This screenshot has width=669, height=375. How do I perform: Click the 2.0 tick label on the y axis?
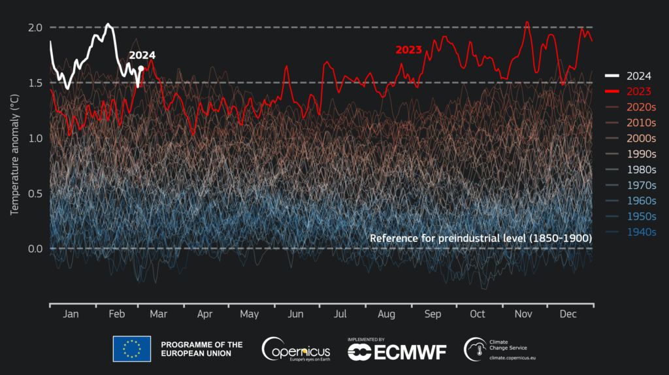pyautogui.click(x=35, y=27)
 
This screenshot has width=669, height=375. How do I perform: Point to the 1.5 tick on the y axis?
pyautogui.click(x=35, y=83)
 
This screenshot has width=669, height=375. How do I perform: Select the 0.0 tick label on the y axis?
pyautogui.click(x=35, y=249)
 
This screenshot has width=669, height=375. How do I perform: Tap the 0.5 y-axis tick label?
pyautogui.click(x=35, y=193)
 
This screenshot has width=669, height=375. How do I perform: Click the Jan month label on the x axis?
pyautogui.click(x=71, y=315)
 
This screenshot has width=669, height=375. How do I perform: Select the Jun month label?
pyautogui.click(x=296, y=315)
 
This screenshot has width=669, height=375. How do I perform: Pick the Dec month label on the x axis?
pyautogui.click(x=568, y=315)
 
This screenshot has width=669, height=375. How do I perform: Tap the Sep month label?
pyautogui.click(x=432, y=315)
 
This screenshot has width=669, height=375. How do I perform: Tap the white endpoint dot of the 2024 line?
pyautogui.click(x=141, y=68)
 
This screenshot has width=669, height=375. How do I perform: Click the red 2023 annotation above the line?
pyautogui.click(x=408, y=50)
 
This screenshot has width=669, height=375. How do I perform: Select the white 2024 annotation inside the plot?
pyautogui.click(x=142, y=56)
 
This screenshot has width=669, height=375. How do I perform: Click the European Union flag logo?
pyautogui.click(x=132, y=349)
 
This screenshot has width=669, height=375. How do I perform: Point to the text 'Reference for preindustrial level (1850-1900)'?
pyautogui.click(x=480, y=238)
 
